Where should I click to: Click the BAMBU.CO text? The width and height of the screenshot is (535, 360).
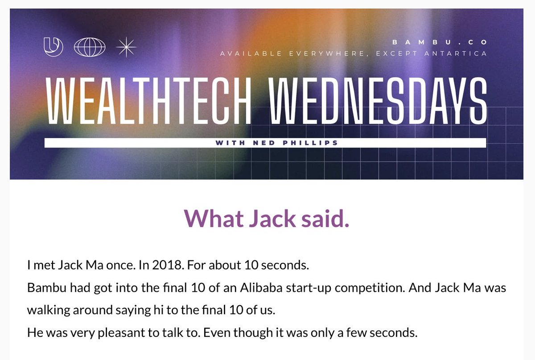[x=440, y=42]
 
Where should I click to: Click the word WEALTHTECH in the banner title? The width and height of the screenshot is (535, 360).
[x=148, y=102]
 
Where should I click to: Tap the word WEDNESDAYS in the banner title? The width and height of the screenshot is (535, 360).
[x=378, y=102]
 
